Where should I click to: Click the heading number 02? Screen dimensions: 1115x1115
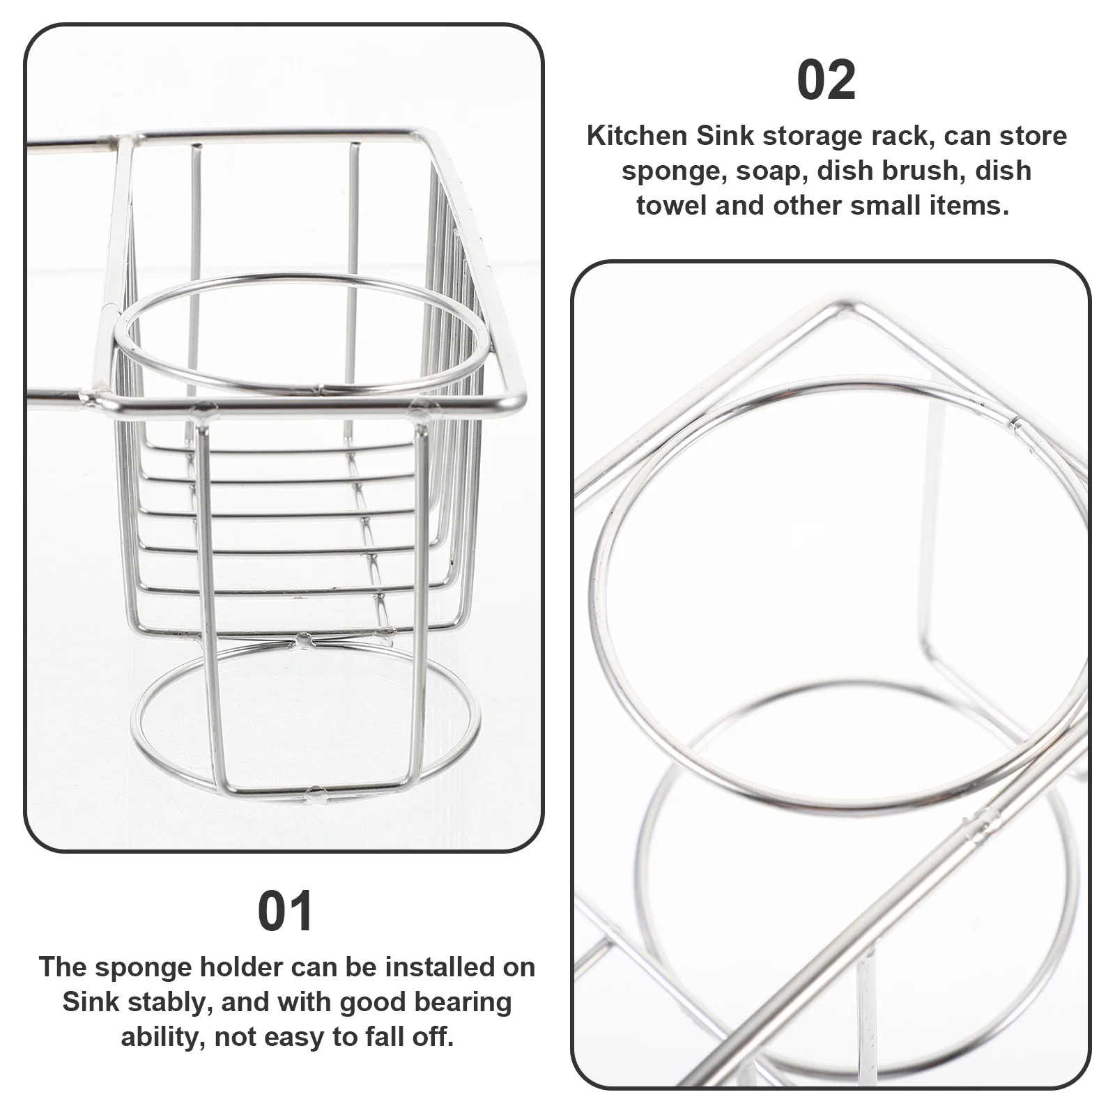tap(826, 81)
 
